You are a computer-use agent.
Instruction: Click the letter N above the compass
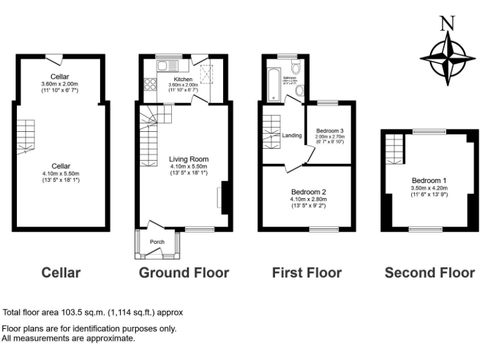pos(446,24)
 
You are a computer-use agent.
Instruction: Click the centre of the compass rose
pos(447,58)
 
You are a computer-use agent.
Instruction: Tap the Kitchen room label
pos(183,79)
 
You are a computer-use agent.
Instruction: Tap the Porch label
pos(157,241)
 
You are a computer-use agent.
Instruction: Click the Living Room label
pos(189,159)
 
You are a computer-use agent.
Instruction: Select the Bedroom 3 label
pos(330,131)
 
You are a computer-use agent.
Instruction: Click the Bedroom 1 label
pos(428,181)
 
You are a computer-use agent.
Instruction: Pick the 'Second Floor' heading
pos(429,273)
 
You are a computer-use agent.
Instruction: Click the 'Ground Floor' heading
pos(184,273)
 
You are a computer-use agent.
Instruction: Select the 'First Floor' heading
pos(307,273)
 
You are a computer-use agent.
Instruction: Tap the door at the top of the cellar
pos(57,59)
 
